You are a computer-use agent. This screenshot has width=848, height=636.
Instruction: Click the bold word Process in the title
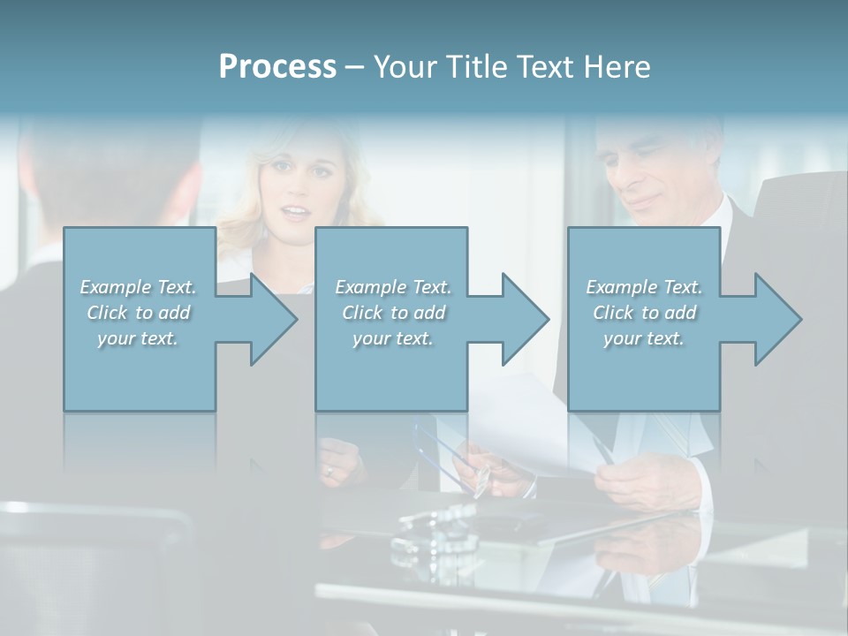tap(277, 66)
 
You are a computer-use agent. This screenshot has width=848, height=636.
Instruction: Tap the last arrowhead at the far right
tap(776, 319)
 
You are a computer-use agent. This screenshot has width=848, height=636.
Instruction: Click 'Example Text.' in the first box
tap(138, 287)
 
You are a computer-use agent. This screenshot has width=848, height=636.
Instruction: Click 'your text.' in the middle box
tap(392, 338)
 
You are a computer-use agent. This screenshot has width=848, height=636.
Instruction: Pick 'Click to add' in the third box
tap(644, 313)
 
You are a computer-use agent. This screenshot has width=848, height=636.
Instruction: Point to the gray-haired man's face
tap(649, 172)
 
